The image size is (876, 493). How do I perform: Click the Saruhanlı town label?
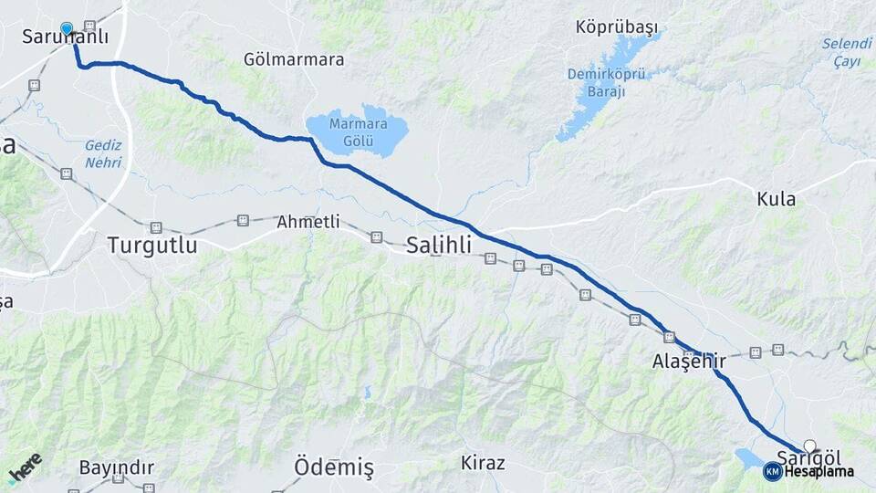tap(64, 37)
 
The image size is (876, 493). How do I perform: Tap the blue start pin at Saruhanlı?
tap(67, 28)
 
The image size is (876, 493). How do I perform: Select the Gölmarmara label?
tap(294, 59)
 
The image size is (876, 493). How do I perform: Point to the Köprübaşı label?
tap(617, 27)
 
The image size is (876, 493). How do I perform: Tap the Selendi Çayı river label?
tap(847, 52)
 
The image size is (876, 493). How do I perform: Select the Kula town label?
tap(776, 199)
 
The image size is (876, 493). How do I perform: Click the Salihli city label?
tap(439, 245)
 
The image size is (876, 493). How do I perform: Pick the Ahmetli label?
tap(308, 222)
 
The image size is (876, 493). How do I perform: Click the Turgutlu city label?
tap(151, 245)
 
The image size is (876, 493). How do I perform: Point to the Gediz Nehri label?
tap(103, 152)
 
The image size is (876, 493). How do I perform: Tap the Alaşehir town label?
tap(689, 362)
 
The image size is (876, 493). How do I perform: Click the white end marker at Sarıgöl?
tap(809, 446)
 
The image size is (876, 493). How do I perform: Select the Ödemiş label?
tap(333, 467)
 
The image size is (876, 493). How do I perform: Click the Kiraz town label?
tap(483, 463)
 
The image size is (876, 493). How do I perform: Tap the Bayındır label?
tap(116, 467)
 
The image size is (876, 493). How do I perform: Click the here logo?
tap(25, 467)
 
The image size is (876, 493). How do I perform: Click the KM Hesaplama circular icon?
tap(772, 471)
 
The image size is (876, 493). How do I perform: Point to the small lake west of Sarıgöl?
tap(749, 456)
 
